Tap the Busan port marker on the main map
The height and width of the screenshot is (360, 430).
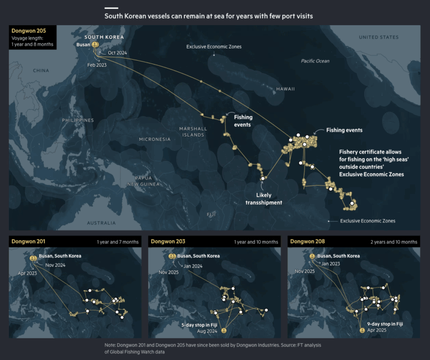[x=95, y=45]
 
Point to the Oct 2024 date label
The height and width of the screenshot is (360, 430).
[x=118, y=52]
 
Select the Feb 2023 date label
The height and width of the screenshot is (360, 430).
[x=96, y=65]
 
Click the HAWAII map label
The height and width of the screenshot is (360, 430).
[x=285, y=89]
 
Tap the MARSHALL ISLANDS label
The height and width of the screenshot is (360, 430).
[x=192, y=132]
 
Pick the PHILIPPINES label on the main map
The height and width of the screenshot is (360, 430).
[x=78, y=120]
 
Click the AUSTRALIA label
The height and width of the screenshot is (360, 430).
[x=102, y=223]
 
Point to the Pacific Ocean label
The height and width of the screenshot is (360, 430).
[x=315, y=61]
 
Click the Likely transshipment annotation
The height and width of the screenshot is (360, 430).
[x=264, y=199]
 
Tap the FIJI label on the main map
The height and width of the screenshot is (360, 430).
[x=211, y=214]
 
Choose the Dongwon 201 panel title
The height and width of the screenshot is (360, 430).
[x=28, y=242]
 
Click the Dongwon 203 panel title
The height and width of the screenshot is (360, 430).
[x=168, y=242]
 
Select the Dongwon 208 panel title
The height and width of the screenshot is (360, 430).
[x=307, y=242]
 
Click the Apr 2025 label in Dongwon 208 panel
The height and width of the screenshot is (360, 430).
[x=377, y=330]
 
